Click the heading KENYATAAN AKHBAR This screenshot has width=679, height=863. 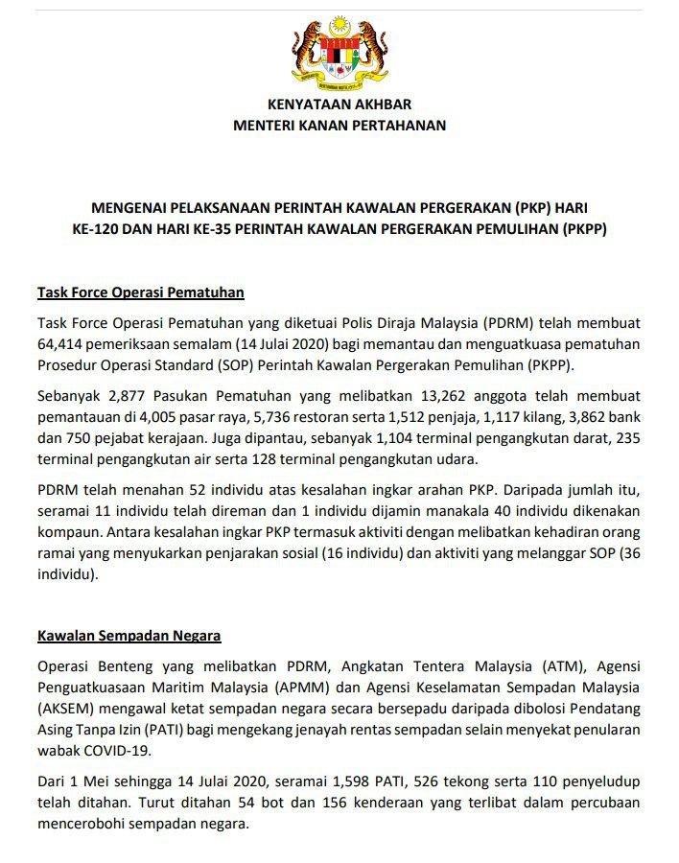point(339,105)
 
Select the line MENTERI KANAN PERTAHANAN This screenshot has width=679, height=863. point(339,125)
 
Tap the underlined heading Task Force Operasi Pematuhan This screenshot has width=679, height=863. point(141,292)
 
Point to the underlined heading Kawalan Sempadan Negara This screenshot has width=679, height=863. point(129,635)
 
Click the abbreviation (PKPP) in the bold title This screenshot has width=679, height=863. point(586,229)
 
